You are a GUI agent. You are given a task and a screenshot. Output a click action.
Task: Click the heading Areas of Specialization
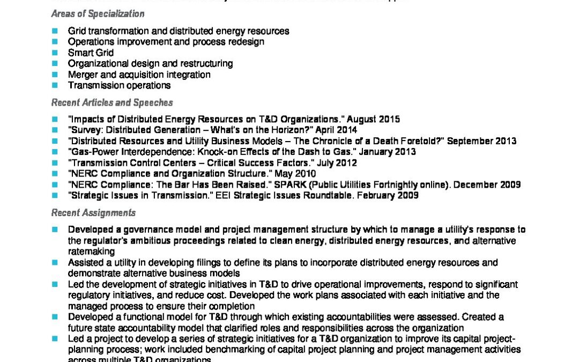(x=98, y=14)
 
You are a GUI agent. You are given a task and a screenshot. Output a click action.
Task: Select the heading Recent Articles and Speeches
(x=112, y=102)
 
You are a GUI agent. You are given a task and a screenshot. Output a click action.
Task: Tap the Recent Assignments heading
(x=93, y=213)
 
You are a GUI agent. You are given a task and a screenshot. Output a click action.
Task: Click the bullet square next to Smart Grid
(x=55, y=53)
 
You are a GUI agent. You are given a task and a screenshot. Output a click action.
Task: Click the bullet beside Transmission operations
(x=55, y=85)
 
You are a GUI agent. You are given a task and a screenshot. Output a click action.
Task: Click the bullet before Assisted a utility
(x=55, y=263)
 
